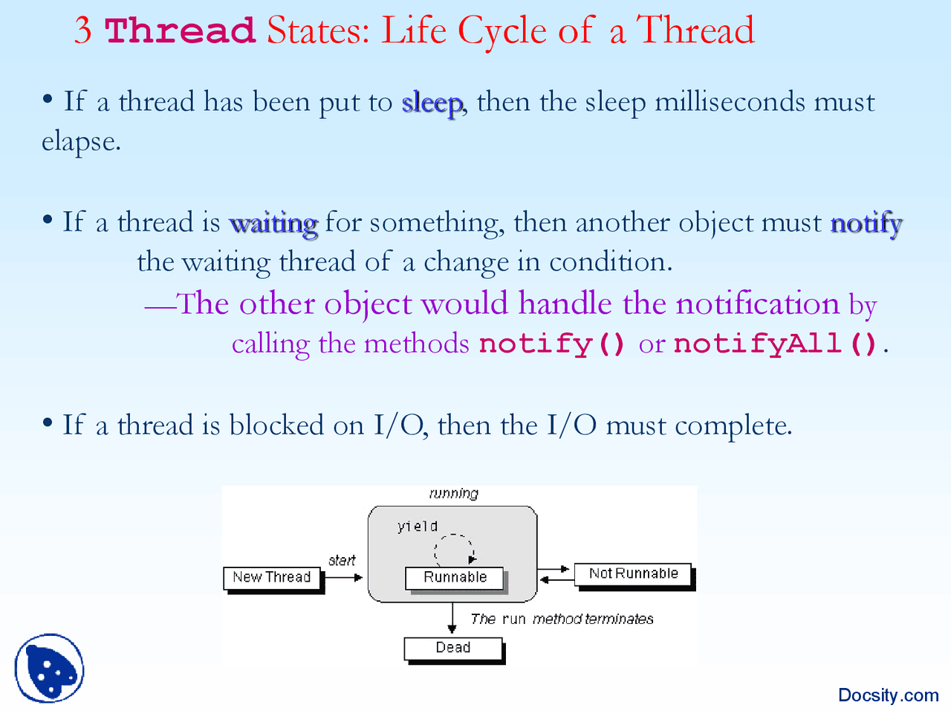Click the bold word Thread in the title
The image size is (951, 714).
[x=180, y=31]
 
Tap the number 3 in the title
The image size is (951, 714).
[x=83, y=31]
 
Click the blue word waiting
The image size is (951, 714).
[x=273, y=223]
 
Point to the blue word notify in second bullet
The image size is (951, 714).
[x=866, y=223]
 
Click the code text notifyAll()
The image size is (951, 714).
[x=776, y=344]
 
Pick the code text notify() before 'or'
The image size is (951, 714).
[x=553, y=344]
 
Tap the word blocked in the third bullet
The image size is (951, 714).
[x=276, y=425]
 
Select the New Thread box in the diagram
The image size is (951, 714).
[x=272, y=578]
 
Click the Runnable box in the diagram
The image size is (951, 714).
[x=455, y=578]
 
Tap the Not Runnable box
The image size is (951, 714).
[x=633, y=574]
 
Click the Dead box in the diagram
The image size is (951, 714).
[x=453, y=648]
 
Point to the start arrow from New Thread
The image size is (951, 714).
[x=343, y=577]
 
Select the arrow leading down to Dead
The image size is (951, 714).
[x=452, y=617]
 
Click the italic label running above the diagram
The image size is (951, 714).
[x=454, y=494]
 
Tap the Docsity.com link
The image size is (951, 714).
[x=888, y=695]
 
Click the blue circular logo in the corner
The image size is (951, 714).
[x=49, y=668]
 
